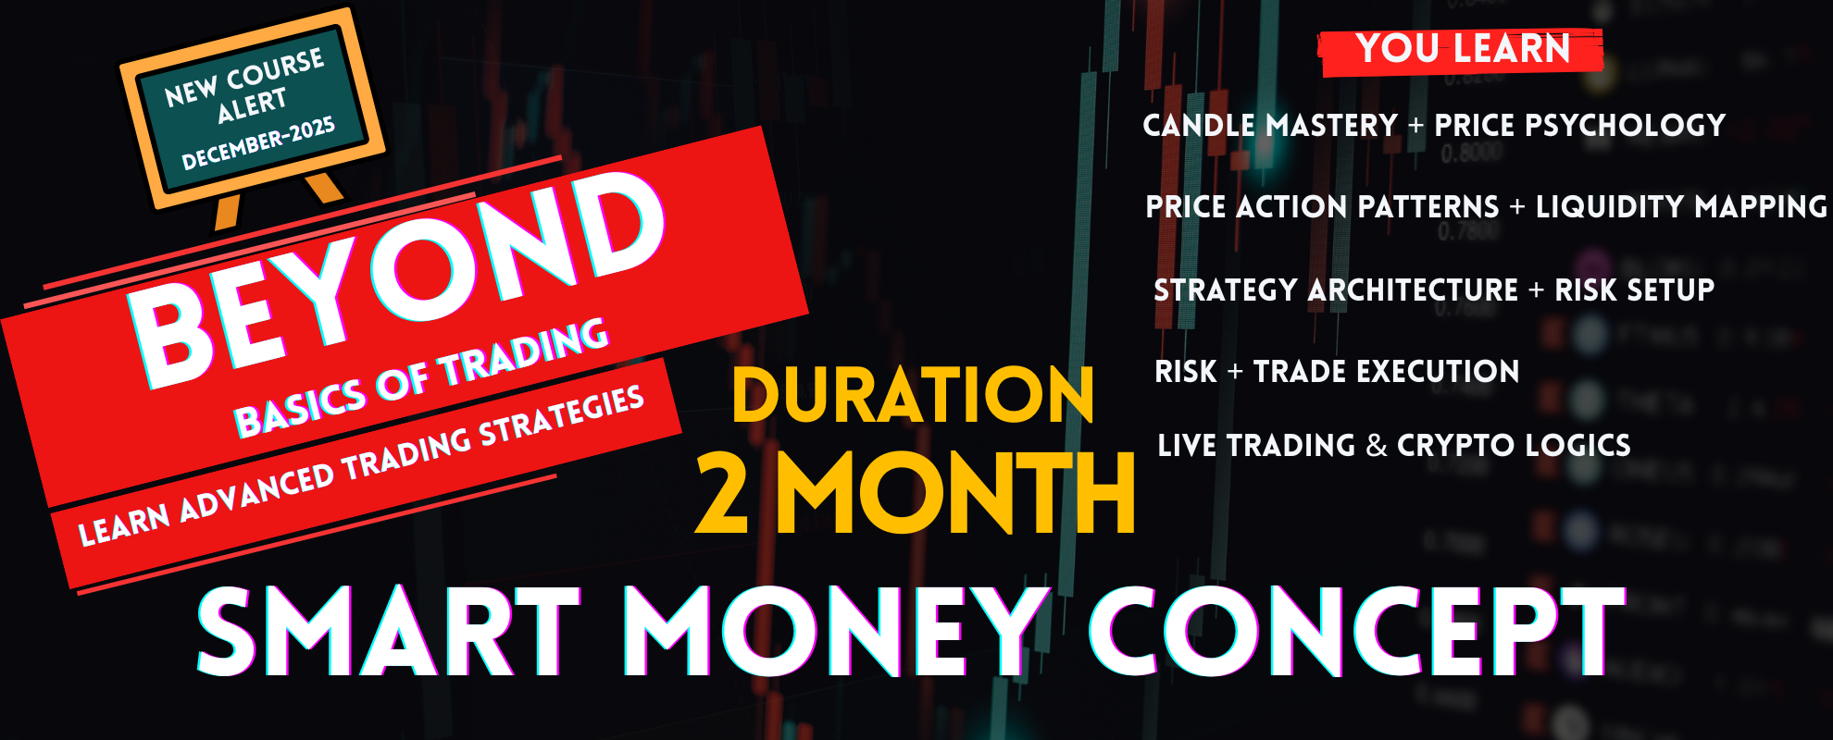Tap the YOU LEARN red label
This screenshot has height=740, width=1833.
click(1462, 50)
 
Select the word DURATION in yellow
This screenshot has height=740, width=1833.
click(913, 395)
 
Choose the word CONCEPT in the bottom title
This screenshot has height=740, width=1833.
click(1357, 631)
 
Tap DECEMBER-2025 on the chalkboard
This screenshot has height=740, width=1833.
click(258, 144)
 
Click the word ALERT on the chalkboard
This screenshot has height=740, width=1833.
click(252, 105)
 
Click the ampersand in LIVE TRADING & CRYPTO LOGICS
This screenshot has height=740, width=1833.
click(1377, 446)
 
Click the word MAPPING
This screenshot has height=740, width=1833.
click(1763, 207)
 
